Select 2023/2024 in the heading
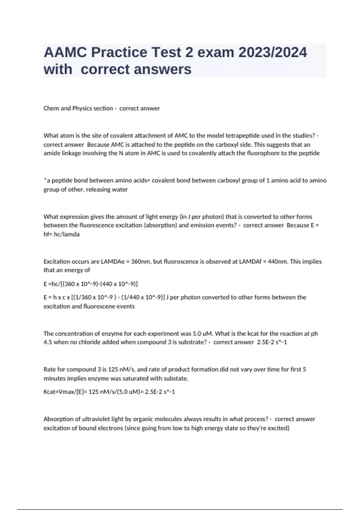click(x=273, y=52)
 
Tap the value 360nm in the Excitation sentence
click(x=141, y=262)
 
